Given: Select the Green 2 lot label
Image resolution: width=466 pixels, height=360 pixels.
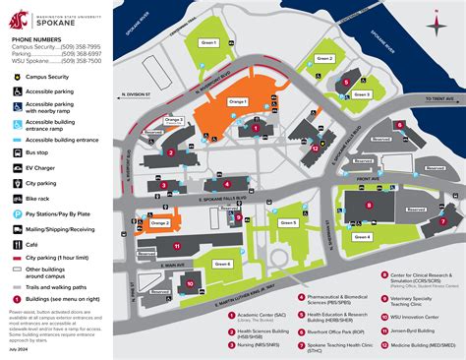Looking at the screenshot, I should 325,59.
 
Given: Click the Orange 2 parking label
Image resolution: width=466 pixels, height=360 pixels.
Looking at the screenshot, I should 160,223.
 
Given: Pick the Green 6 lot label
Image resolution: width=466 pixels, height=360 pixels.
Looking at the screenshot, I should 222,264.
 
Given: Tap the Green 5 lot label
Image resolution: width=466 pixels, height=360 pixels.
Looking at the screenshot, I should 288,223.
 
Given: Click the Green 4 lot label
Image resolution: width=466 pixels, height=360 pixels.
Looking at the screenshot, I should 362,237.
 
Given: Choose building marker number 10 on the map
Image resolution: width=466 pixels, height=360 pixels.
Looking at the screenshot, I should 188,284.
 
